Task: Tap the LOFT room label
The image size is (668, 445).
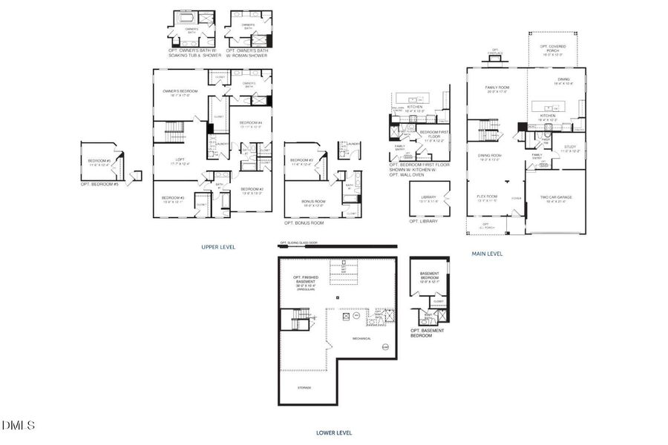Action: pyautogui.click(x=179, y=160)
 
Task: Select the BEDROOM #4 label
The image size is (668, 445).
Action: pyautogui.click(x=249, y=124)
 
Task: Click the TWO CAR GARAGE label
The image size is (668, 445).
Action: pyautogui.click(x=555, y=198)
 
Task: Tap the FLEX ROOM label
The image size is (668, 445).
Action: pyautogui.click(x=486, y=197)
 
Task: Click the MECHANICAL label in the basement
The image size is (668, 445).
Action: pyautogui.click(x=361, y=338)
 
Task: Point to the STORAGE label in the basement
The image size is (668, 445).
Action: pyautogui.click(x=305, y=387)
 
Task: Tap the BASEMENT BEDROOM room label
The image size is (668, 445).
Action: pyautogui.click(x=430, y=278)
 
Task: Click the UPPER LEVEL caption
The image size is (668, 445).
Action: pyautogui.click(x=218, y=247)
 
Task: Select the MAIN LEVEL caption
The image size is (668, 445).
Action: pyautogui.click(x=487, y=254)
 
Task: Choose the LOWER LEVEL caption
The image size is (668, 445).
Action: pyautogui.click(x=333, y=432)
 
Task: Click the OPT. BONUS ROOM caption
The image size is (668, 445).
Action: pyautogui.click(x=304, y=222)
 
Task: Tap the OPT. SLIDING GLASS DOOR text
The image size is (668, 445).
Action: pyautogui.click(x=305, y=243)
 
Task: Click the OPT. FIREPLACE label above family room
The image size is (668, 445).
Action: pyautogui.click(x=495, y=53)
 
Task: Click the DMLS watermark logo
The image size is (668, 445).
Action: pyautogui.click(x=19, y=425)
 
